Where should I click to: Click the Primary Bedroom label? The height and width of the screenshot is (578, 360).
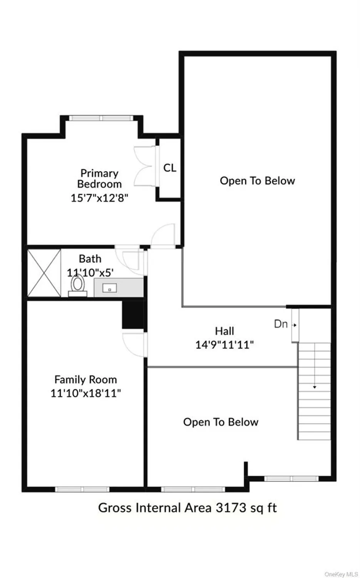pos(99,178)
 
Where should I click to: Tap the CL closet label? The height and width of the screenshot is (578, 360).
pos(170,168)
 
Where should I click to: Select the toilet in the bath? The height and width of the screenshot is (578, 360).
pos(78,286)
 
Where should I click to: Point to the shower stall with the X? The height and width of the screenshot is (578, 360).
pos(44,273)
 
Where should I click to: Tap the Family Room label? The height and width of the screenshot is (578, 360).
pos(85,380)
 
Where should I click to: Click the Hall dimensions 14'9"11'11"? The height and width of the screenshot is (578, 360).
pos(224,344)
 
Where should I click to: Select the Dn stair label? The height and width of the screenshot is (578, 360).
pos(281,324)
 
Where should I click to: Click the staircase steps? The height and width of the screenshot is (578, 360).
pos(314,391)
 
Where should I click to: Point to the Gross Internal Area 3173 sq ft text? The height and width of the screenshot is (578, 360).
pos(188,508)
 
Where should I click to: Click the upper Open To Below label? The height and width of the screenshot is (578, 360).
pos(257,181)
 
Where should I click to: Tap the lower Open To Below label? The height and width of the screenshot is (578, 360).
pos(221,422)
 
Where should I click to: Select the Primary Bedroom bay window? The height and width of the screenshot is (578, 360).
pos(101,118)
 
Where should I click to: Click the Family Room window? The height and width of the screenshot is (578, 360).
pos(82,489)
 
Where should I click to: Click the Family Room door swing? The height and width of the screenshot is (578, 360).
pos(133,344)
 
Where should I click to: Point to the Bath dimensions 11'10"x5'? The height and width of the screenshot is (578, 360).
pos(90,273)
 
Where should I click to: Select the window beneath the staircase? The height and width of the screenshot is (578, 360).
pos(291,479)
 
